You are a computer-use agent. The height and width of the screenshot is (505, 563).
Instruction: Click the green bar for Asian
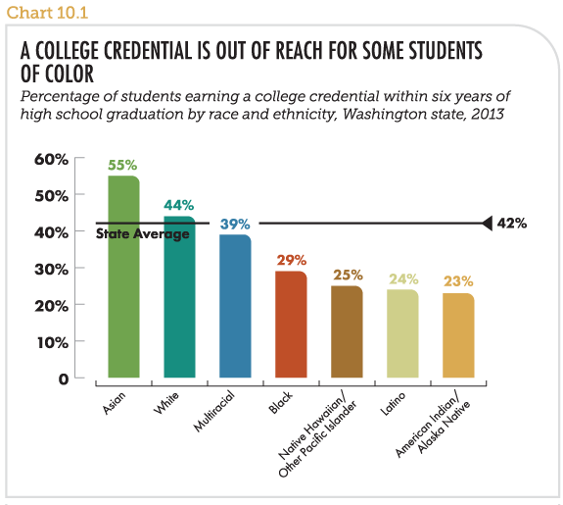[x=124, y=277]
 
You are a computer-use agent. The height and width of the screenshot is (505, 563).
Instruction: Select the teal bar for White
[x=179, y=297]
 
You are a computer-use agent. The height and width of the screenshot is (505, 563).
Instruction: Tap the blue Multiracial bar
[x=235, y=306]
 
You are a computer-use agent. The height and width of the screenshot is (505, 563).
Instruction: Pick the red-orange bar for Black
[x=291, y=324]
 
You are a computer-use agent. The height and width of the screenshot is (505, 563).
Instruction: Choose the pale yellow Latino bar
[x=402, y=333]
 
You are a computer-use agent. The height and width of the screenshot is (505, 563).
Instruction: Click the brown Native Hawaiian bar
[x=347, y=331]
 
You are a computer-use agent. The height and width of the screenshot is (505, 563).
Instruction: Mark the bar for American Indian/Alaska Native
[x=458, y=335]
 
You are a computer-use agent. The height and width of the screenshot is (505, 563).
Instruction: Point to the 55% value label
[x=122, y=165]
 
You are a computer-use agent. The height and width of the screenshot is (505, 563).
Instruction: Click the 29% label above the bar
[x=292, y=260]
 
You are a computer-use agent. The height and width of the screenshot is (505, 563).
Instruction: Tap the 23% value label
[x=458, y=281]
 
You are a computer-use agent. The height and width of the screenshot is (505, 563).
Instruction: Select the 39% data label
[x=235, y=225]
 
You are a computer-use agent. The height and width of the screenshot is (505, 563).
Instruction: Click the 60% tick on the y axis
[x=51, y=159]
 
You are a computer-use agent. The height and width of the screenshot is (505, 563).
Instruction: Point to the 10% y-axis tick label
[x=53, y=342]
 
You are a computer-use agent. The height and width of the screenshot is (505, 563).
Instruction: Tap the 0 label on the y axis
[x=64, y=379]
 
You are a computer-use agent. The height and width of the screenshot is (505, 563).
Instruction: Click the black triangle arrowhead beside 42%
[x=488, y=224]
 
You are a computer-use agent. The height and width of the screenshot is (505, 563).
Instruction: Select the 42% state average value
[x=512, y=224]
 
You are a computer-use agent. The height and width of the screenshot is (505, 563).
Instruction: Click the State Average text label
[x=143, y=234]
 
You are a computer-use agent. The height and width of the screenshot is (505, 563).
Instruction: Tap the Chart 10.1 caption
[x=47, y=13]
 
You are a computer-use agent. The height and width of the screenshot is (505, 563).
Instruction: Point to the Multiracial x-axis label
[x=214, y=411]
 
